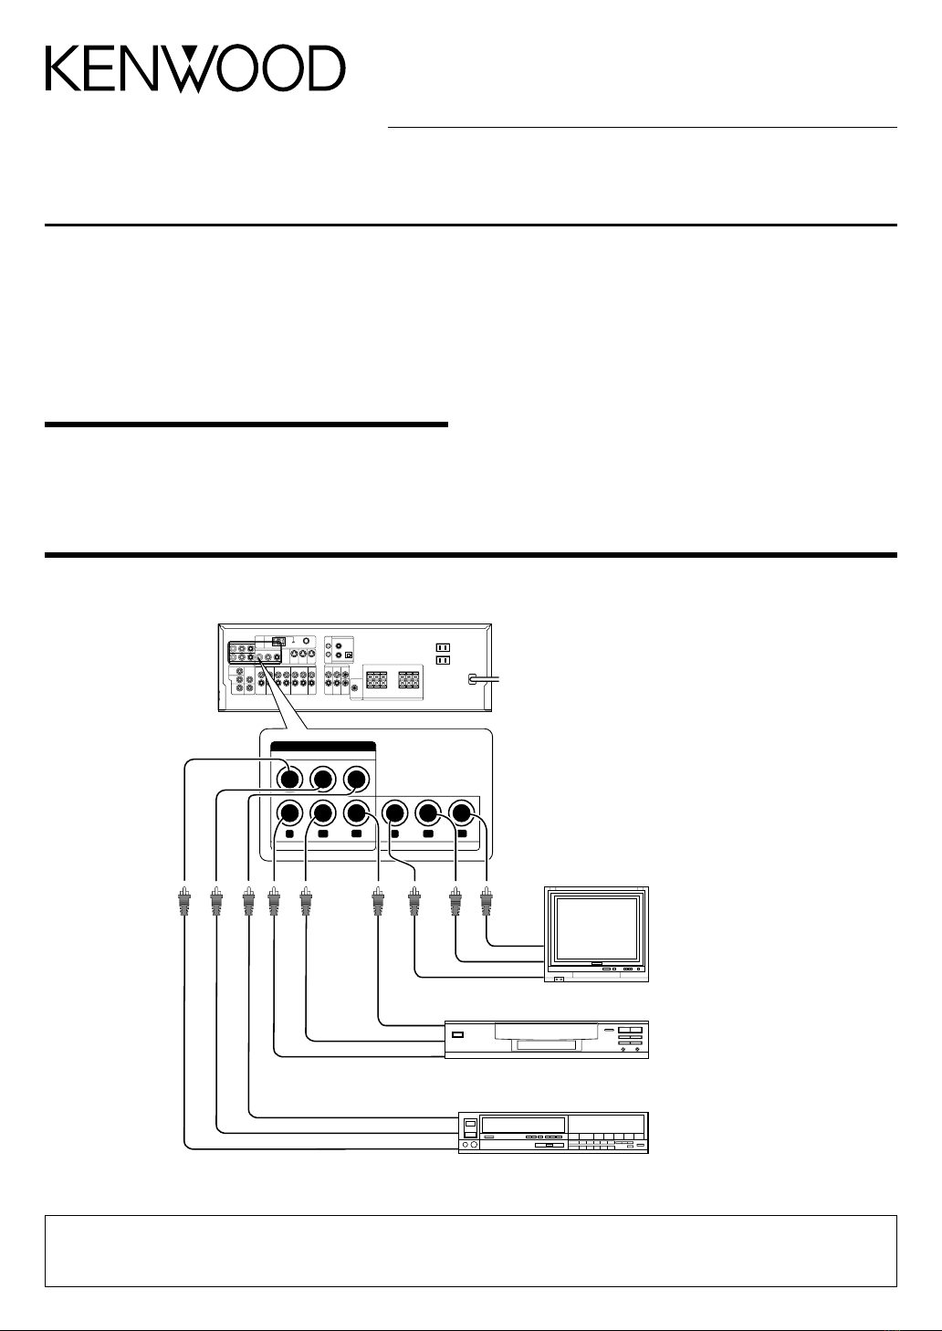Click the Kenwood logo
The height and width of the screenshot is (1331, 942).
click(195, 69)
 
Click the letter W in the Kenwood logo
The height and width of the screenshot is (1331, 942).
click(196, 69)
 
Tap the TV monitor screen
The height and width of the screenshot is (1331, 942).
click(596, 929)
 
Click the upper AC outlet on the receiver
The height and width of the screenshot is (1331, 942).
click(443, 647)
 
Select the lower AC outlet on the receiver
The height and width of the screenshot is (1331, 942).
click(443, 660)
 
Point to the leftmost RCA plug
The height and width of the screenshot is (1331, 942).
click(184, 901)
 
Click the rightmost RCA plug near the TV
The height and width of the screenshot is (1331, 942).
click(487, 901)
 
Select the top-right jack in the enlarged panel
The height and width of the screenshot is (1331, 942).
click(356, 779)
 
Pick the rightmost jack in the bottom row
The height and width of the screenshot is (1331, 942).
click(461, 812)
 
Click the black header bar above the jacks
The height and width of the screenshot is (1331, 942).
click(322, 748)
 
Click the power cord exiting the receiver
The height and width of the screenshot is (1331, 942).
click(484, 678)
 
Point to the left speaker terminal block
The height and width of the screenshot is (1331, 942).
click(377, 680)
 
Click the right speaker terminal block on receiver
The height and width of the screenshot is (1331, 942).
click(409, 680)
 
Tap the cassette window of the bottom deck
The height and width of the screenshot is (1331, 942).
click(523, 1125)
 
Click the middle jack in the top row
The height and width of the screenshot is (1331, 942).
click(323, 779)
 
